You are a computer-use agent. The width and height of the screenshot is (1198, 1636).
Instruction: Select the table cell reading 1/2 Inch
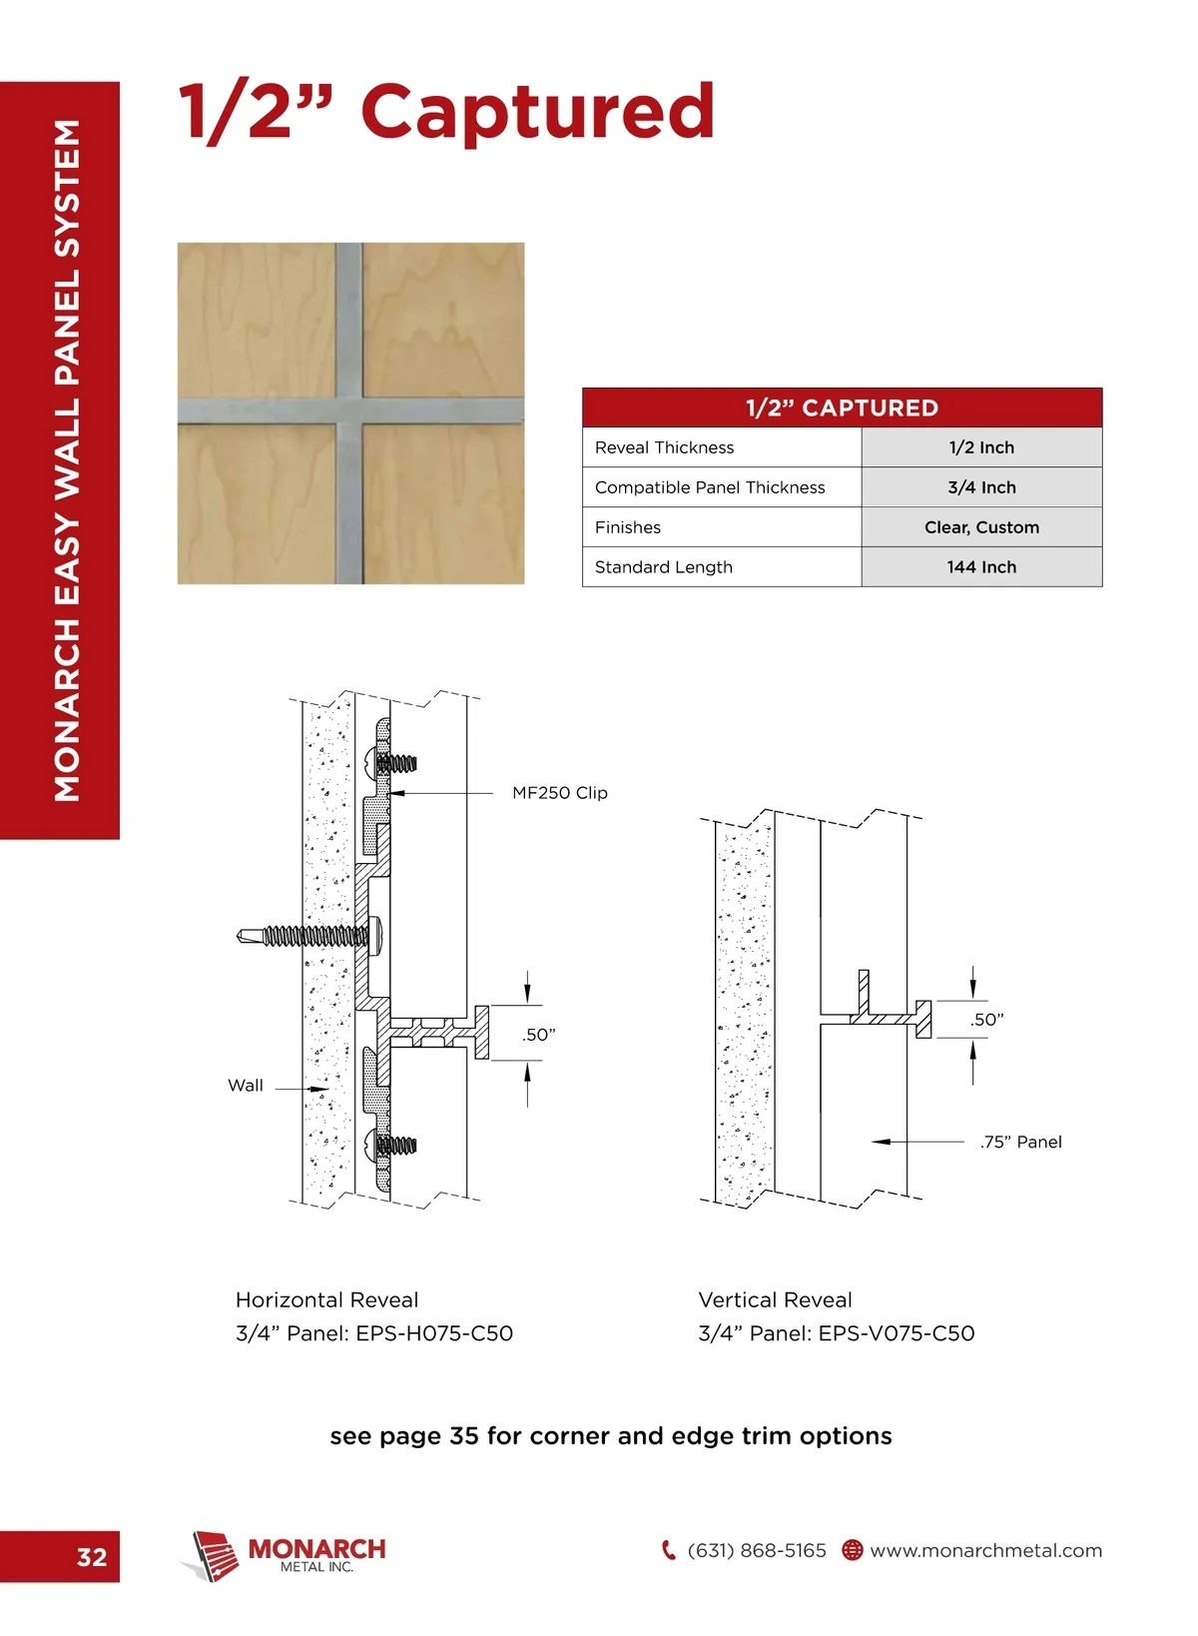[x=981, y=447]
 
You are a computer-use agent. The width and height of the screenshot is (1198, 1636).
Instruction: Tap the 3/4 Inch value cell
[x=981, y=487]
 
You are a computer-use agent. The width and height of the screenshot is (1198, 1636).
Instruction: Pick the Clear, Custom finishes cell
[x=981, y=527]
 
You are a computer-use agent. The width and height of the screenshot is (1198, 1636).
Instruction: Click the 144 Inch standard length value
[x=981, y=567]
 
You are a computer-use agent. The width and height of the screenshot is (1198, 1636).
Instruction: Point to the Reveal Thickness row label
[x=664, y=447]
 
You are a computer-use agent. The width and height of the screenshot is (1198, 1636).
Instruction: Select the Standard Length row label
[x=663, y=567]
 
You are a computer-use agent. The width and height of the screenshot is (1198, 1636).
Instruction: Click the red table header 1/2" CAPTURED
[x=842, y=408]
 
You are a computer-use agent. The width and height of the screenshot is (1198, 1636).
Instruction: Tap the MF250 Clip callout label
[x=559, y=793]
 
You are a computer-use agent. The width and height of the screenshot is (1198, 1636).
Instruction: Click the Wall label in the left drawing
[x=246, y=1086]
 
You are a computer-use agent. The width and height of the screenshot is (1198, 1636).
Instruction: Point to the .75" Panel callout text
[x=1020, y=1143]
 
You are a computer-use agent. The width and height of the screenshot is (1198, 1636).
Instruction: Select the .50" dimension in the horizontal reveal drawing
[x=539, y=1035]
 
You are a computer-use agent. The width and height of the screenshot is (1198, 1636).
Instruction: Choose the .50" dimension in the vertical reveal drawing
[x=986, y=1020]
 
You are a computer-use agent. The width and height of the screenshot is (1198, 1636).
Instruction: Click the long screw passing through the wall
[x=299, y=936]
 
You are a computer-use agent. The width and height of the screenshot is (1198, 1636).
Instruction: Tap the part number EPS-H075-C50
[x=434, y=1333]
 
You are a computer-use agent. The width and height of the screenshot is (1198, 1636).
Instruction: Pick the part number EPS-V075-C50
[x=897, y=1333]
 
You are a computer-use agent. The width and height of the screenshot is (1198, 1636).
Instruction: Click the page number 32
[x=92, y=1557]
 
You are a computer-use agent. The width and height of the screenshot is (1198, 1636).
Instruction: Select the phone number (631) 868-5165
[x=757, y=1551]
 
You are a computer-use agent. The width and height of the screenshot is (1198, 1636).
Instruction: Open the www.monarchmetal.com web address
[x=985, y=1551]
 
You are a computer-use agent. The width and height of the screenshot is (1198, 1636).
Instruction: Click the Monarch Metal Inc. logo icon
[x=213, y=1555]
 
